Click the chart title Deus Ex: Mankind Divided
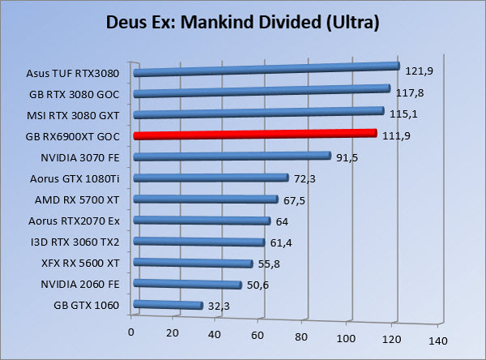[243, 22]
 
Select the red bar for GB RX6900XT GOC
[254, 135]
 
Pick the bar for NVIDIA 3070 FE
[232, 156]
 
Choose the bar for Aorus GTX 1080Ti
[211, 178]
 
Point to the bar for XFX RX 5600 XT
[193, 264]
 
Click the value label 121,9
[420, 71]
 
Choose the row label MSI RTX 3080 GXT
[73, 114]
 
